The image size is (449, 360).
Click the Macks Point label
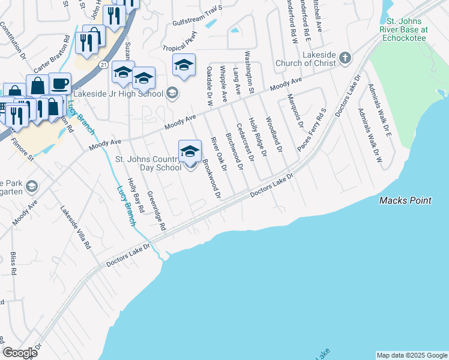405,200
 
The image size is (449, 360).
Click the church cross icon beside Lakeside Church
345,58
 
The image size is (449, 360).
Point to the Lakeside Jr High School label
118,93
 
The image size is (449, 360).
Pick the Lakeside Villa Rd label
75,228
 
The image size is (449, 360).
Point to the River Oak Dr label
217,154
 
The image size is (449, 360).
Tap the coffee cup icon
59,83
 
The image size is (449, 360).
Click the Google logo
20,353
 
